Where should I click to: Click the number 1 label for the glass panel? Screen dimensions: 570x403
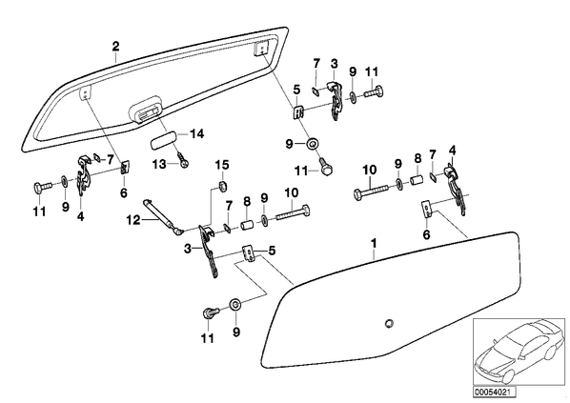point(374,243)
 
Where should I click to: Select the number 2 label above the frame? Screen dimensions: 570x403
point(115,47)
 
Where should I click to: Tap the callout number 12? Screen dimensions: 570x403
point(133,219)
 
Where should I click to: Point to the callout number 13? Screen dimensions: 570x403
point(159,164)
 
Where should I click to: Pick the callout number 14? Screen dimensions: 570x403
point(196,134)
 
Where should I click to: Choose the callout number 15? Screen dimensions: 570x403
point(222,165)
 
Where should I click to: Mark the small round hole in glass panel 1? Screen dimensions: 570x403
point(389,323)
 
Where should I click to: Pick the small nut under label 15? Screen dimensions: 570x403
point(222,187)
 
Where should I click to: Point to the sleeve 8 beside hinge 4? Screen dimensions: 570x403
point(417,180)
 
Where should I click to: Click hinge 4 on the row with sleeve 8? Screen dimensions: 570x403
point(455,189)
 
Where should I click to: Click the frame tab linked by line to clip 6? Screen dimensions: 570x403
point(86,93)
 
